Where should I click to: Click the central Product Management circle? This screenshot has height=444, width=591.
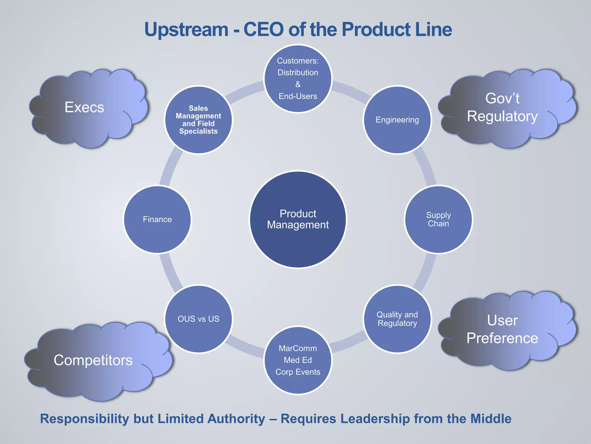tap(298, 219)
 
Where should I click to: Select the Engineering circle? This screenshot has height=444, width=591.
tap(397, 120)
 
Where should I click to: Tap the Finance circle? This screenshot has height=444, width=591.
tap(157, 219)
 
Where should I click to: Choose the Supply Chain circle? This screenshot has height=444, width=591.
tap(438, 219)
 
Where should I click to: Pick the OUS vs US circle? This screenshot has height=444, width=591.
tap(199, 319)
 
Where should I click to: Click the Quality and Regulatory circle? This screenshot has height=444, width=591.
tap(397, 319)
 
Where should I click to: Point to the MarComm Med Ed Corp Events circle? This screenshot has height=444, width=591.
tap(298, 360)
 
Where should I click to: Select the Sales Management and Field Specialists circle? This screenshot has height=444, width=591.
tap(199, 120)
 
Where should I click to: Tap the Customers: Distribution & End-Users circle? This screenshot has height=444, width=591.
tap(298, 79)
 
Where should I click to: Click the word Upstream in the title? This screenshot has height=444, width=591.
tap(186, 30)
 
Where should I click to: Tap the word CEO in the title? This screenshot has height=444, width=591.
tap(263, 30)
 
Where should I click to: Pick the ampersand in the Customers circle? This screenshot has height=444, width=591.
tap(298, 84)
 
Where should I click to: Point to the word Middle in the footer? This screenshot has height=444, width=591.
tap(491, 419)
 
